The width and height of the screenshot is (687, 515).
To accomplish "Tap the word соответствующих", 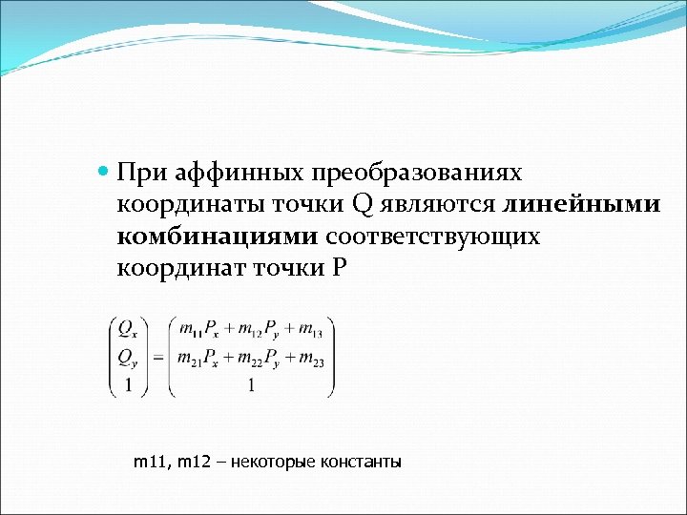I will (x=433, y=237).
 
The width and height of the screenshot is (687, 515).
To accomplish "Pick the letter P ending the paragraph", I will (x=341, y=268).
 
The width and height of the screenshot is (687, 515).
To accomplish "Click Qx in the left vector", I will (x=127, y=328).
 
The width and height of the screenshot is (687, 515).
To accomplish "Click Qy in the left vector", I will (x=127, y=358).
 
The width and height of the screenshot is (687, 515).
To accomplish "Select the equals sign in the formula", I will (x=157, y=358).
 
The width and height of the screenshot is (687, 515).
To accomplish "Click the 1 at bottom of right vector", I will (x=250, y=386).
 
